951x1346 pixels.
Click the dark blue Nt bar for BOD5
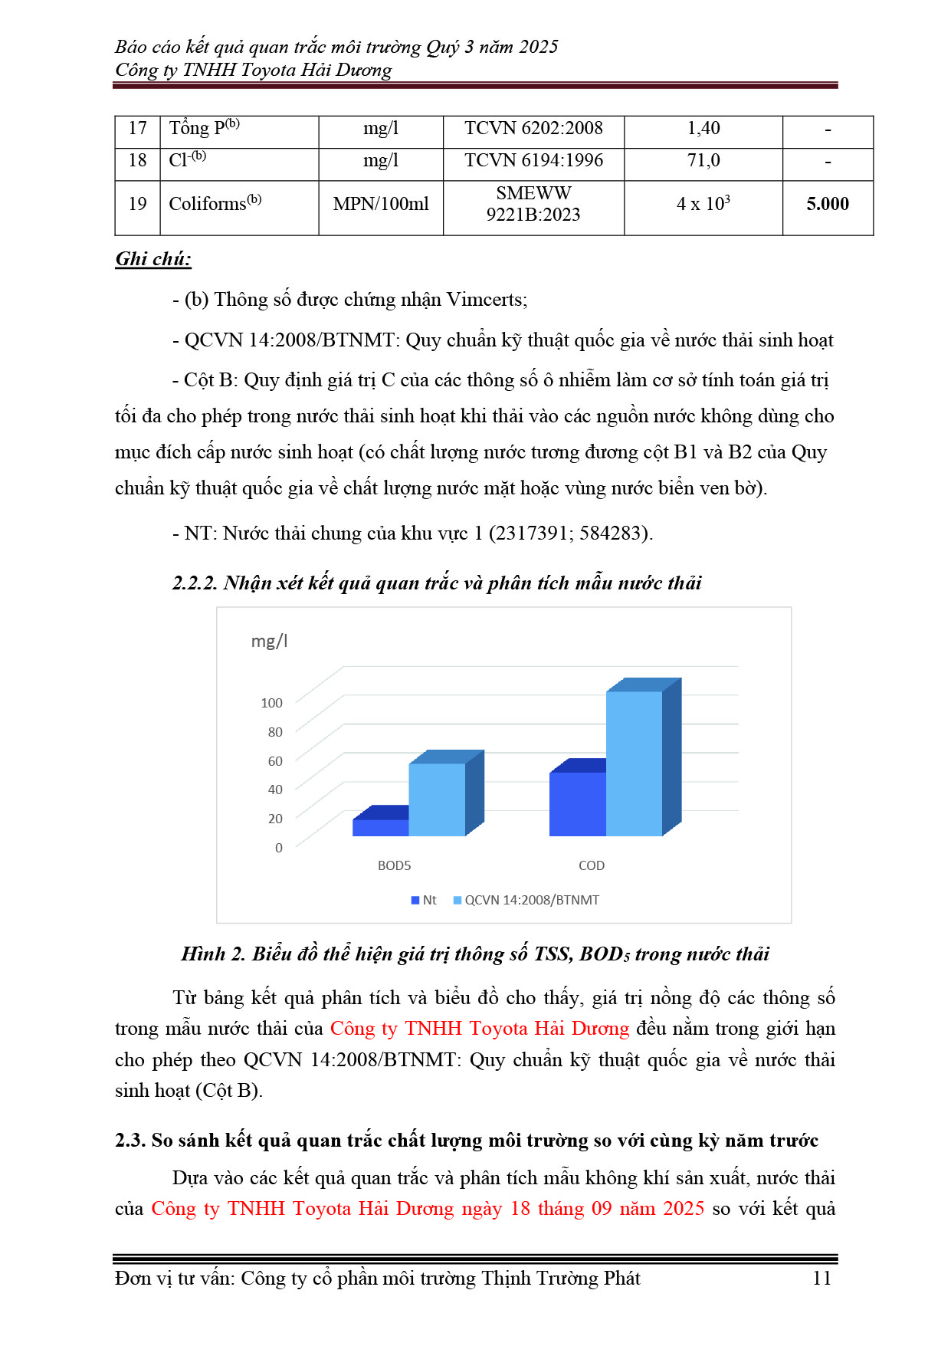click(x=380, y=828)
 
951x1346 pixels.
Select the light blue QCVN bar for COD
click(x=634, y=763)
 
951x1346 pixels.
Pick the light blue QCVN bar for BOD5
click(x=436, y=799)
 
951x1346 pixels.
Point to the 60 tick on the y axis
click(x=275, y=760)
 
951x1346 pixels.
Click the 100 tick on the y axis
click(x=271, y=703)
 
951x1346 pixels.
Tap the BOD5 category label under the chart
click(x=394, y=865)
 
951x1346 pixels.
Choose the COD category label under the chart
click(x=591, y=865)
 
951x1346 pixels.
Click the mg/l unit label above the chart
click(x=269, y=641)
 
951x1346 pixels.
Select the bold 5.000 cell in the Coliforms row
click(x=828, y=204)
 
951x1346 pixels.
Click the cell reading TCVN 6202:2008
click(x=533, y=129)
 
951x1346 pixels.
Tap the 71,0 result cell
click(x=703, y=161)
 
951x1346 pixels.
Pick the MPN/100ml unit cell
click(x=381, y=204)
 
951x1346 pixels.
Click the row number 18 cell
click(x=137, y=161)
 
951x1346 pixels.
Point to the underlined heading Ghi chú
click(x=153, y=259)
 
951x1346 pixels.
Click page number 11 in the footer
click(x=821, y=1278)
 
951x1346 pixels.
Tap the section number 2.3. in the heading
click(x=130, y=1141)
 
